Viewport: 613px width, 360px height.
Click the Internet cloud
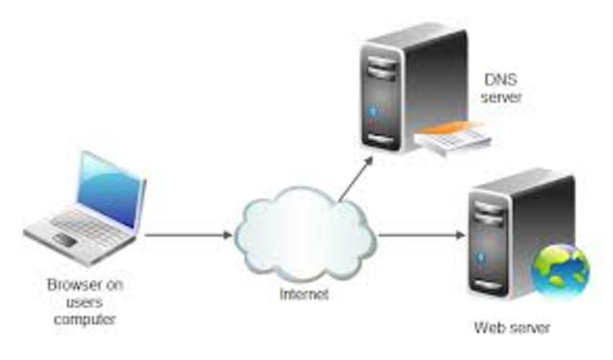(x=305, y=236)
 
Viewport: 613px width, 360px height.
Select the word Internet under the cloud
(x=304, y=294)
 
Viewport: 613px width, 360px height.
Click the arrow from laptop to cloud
(x=187, y=233)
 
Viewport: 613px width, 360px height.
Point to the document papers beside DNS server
(x=456, y=139)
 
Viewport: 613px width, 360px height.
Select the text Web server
(x=512, y=328)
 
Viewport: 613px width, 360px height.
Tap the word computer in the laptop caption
(x=85, y=319)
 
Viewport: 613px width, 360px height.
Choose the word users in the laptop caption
(x=85, y=302)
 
